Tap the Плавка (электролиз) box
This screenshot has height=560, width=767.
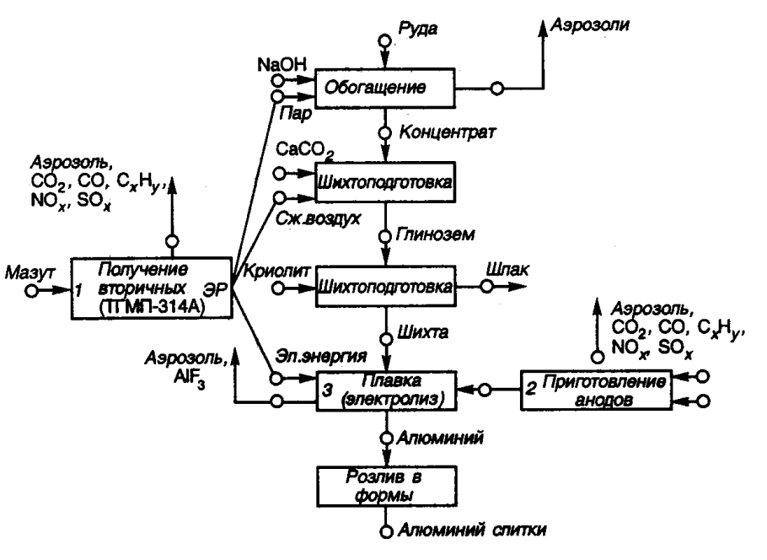coord(386,389)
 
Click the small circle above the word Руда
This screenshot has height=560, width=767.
coord(384,39)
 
